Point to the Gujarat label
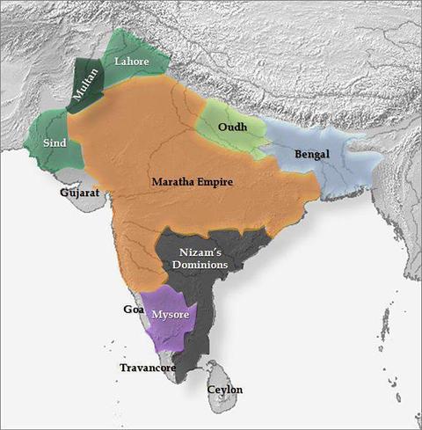tap(79, 192)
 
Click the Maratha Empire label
tap(192, 182)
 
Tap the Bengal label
tap(312, 153)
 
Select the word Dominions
tap(200, 264)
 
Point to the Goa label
tap(134, 310)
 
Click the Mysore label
tap(168, 315)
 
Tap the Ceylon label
tap(225, 389)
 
